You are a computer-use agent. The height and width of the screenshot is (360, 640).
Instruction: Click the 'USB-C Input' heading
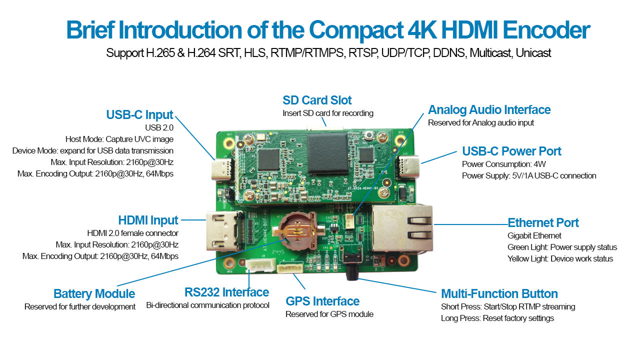point(139,115)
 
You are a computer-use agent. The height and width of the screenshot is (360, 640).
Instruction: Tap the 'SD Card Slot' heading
point(317,100)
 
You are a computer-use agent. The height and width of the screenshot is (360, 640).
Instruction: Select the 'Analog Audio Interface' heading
point(489,109)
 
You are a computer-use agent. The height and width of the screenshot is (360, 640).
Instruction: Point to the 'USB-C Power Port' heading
point(511,151)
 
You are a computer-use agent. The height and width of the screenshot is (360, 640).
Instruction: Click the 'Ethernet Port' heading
point(543,222)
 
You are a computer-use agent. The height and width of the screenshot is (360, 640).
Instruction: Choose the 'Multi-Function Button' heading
point(499,293)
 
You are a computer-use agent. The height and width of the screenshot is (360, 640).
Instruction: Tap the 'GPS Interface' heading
point(322,301)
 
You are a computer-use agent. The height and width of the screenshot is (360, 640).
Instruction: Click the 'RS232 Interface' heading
point(226,292)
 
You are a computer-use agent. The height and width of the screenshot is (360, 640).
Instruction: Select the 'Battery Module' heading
point(94,293)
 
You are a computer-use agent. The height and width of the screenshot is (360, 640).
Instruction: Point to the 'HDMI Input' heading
point(148,220)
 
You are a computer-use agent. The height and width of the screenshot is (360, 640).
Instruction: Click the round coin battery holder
point(297,230)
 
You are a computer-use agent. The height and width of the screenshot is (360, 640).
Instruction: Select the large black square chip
point(327,153)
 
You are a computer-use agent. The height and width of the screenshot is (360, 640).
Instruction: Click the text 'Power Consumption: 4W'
point(503,164)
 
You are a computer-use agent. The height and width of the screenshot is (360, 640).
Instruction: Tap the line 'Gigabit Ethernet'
point(534,235)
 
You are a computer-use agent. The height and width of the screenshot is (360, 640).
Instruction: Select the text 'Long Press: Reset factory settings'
point(497,318)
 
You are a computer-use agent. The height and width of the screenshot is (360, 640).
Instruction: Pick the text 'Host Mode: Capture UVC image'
point(119,139)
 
